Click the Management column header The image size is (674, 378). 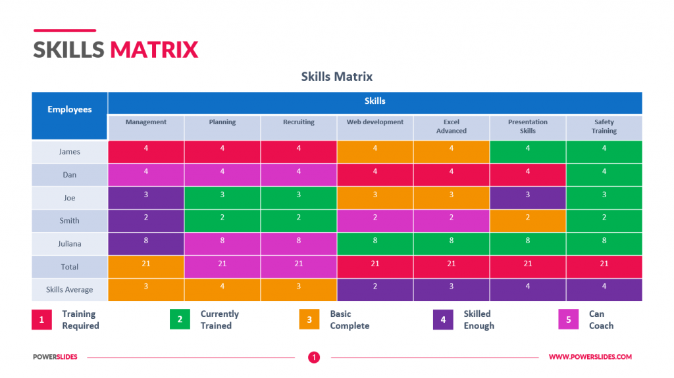(x=146, y=122)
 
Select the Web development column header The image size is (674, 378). (x=375, y=122)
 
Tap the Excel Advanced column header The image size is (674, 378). (x=452, y=126)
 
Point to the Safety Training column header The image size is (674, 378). (x=604, y=126)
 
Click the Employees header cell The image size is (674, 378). (x=70, y=110)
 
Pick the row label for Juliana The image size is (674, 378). (x=70, y=244)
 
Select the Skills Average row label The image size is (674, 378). (x=70, y=290)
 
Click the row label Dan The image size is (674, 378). (x=70, y=175)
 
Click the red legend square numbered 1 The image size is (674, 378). (x=41, y=320)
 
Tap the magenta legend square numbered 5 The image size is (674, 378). (x=569, y=320)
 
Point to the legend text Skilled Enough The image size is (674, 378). (x=479, y=320)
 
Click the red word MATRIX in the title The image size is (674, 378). (x=154, y=50)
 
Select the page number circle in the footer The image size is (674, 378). (x=315, y=358)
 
